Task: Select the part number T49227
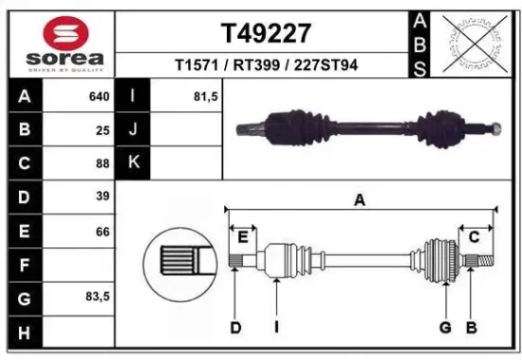pos(266,33)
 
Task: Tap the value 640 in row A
pos(98,96)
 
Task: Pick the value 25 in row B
pos(102,129)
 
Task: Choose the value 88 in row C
pos(102,162)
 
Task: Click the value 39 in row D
pos(102,196)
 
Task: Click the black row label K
pos(134,162)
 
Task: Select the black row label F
pos(24,263)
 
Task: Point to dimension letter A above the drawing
pos(360,200)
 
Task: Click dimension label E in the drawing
pos(242,236)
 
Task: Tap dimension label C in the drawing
pos(473,236)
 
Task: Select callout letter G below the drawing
pos(443,328)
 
